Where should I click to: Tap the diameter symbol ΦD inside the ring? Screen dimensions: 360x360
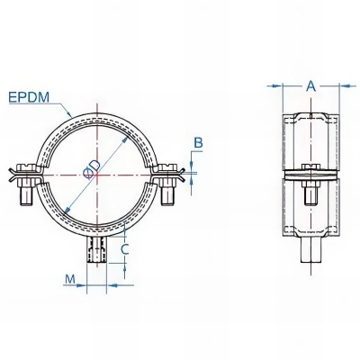(95, 171)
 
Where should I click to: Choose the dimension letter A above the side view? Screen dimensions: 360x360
(310, 86)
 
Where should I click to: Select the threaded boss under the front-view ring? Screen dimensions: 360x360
(96, 250)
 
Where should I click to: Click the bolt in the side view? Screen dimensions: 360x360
(310, 189)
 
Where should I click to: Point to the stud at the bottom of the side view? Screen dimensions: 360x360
(310, 257)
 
